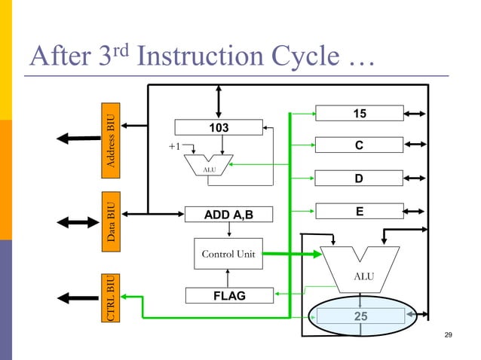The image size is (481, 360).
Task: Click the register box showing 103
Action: (x=219, y=128)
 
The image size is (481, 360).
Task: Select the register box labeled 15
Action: (x=359, y=114)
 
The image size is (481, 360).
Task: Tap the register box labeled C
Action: (x=359, y=145)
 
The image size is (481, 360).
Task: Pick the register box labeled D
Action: (x=359, y=178)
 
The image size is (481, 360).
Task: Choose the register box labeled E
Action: (x=359, y=212)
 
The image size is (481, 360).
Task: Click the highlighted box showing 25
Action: (x=360, y=316)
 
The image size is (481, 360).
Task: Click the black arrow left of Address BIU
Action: (x=78, y=139)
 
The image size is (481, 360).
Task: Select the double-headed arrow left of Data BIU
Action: (x=78, y=223)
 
